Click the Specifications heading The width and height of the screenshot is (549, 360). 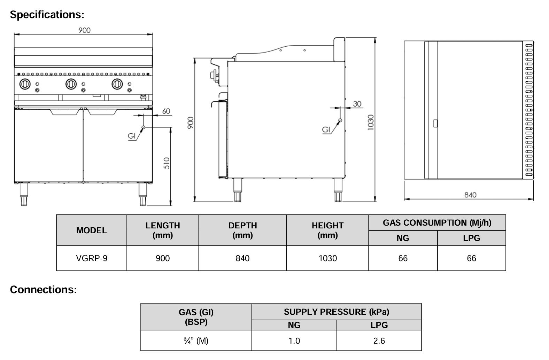tap(47, 15)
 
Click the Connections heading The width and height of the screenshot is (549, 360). tap(43, 289)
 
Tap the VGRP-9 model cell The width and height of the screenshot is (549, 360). tap(92, 258)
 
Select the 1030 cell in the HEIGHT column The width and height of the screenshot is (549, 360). tap(327, 258)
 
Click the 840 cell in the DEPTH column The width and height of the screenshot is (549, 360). tap(242, 258)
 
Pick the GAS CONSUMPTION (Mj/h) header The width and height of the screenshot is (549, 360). tap(437, 223)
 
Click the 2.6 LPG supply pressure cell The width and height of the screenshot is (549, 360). tap(379, 341)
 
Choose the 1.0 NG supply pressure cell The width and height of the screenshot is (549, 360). tap(294, 341)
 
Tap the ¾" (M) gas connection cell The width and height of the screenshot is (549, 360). tap(196, 341)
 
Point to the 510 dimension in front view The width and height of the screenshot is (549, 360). tap(167, 163)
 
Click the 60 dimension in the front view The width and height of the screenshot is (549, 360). tap(166, 111)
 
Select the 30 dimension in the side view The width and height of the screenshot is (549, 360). tap(357, 104)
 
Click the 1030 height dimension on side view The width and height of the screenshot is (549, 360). tap(370, 122)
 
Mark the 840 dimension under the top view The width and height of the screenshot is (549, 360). tap(470, 195)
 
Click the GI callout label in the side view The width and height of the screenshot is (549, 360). tap(326, 130)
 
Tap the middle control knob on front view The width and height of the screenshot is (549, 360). tap(71, 84)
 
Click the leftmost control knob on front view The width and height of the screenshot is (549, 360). tap(25, 84)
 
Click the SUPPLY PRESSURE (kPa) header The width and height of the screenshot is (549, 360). tap(336, 312)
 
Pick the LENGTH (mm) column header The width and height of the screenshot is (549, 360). tap(163, 230)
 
